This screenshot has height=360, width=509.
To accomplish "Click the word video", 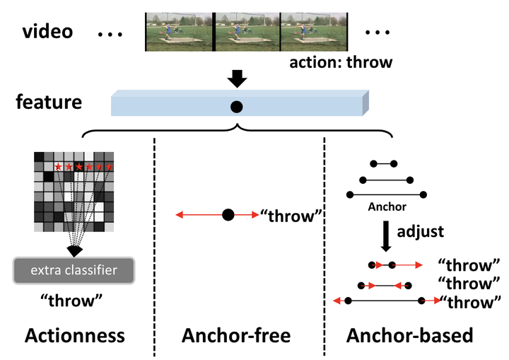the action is coord(48,32).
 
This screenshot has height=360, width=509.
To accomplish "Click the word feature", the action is coord(49,102).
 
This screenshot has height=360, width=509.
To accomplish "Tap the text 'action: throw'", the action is coord(341,62).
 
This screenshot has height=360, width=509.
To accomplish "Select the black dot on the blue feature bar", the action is coord(236,107).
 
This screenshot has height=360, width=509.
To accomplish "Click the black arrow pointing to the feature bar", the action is coord(237,78).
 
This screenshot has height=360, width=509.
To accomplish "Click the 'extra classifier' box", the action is coord(74,270).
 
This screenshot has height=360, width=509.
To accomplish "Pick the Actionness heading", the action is coord(75,335).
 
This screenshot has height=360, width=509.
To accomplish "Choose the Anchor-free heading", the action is coord(236,335).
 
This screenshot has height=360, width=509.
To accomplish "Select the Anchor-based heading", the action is coord(409,335).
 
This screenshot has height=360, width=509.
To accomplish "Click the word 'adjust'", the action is coord(421,232).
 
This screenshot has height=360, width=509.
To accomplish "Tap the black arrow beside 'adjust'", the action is coord(386,236).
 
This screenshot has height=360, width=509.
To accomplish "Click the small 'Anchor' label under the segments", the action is coord(387,207).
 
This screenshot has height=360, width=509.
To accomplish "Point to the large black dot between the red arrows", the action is coord(228,215).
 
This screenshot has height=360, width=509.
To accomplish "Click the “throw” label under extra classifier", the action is coord(71,301).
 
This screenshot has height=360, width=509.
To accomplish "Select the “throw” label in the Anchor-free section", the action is coord(291,216).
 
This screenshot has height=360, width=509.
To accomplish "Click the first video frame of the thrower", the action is coord(179,32).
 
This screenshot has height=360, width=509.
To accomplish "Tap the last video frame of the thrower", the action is coord(314,32).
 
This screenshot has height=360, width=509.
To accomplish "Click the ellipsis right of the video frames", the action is coord(378,32).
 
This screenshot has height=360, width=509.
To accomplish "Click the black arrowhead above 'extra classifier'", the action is coord(74,251).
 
